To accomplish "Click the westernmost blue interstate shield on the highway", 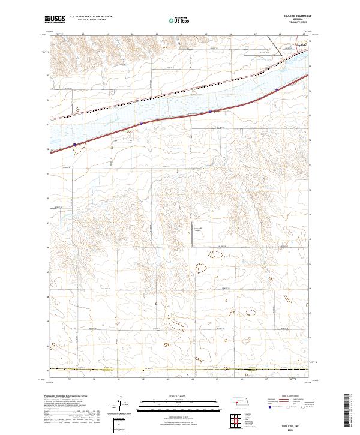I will pyautogui.click(x=74, y=145).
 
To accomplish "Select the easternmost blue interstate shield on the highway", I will pyautogui.click(x=277, y=90).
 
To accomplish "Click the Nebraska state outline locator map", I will pyautogui.click(x=240, y=400).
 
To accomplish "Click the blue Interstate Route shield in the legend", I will pyautogui.click(x=269, y=407).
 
